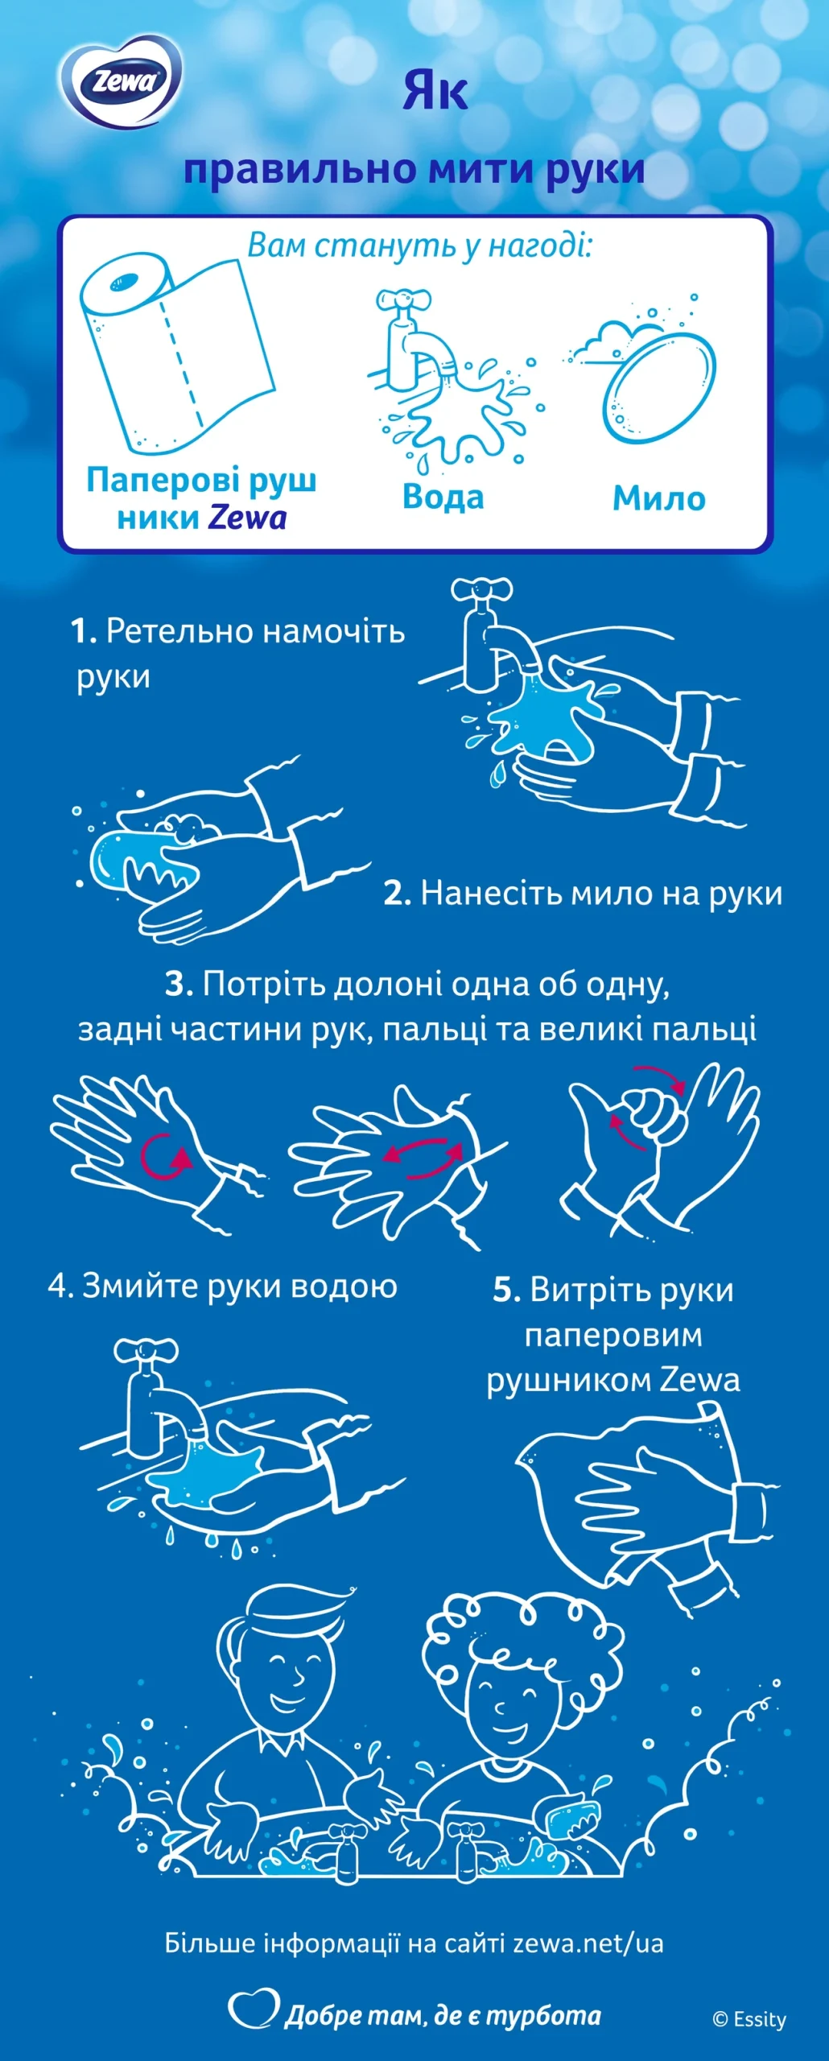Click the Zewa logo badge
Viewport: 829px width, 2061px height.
121,81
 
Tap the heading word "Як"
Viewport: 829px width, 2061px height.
435,90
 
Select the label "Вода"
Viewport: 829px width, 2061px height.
443,497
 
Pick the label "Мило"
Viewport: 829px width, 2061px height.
659,498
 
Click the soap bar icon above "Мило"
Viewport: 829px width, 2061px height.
658,387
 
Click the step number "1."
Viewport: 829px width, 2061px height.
84,631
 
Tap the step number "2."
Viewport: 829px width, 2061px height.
398,894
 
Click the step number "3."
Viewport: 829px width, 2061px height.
179,984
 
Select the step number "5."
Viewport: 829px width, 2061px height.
507,1290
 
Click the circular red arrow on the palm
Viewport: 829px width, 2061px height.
166,1158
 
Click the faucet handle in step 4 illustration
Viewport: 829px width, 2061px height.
146,1350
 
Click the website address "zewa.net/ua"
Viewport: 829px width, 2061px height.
588,1943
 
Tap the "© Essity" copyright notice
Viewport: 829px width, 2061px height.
749,2019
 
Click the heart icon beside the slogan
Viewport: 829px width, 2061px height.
254,2009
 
